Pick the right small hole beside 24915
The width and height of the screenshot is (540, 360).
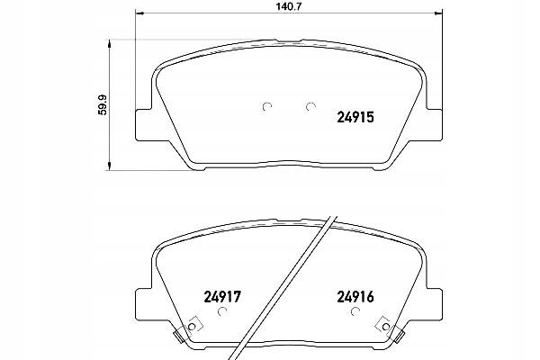pos(310,108)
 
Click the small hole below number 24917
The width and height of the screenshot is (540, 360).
pos(225,311)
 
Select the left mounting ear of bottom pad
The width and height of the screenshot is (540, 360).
pos(144,301)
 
